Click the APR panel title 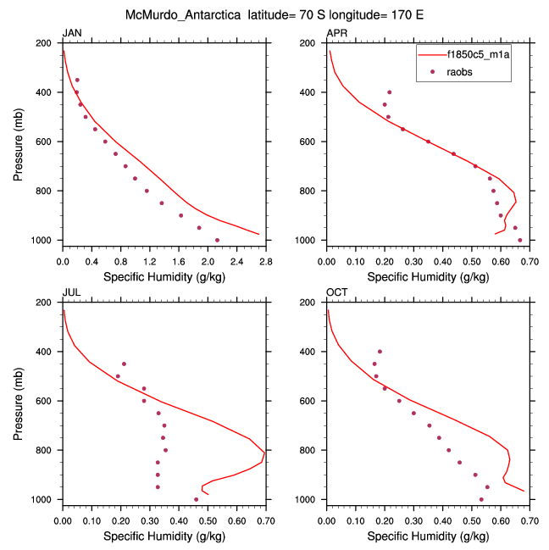(336, 33)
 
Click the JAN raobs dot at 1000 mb (217, 240)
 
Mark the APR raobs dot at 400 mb (390, 92)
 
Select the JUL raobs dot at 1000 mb (196, 499)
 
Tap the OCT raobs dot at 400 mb (380, 351)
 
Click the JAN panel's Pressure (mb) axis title (18, 141)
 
